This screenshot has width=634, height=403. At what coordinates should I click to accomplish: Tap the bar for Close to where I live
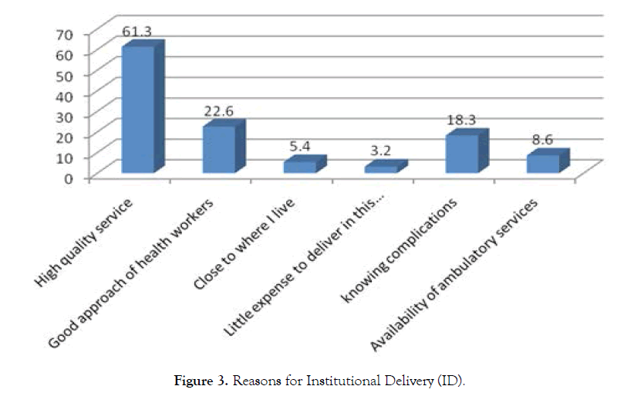pyautogui.click(x=300, y=166)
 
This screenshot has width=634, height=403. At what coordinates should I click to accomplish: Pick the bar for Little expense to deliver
pyautogui.click(x=380, y=168)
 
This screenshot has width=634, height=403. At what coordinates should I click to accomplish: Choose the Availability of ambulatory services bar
pyautogui.click(x=542, y=163)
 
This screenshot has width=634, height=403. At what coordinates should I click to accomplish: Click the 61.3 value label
pyautogui.click(x=137, y=32)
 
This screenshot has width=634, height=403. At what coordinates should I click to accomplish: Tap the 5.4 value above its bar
pyautogui.click(x=299, y=147)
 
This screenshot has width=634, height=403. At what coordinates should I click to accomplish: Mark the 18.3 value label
pyautogui.click(x=460, y=120)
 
